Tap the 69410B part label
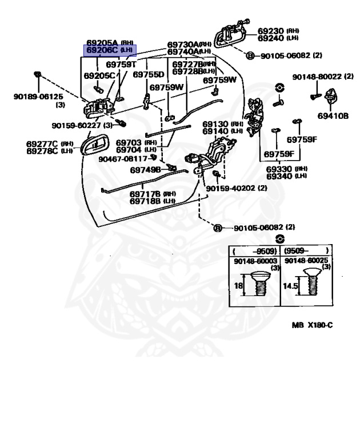[334, 115]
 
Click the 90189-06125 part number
[37, 97]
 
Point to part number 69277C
[42, 143]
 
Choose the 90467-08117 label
[123, 158]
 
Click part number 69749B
[145, 169]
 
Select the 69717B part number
[144, 194]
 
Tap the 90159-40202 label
[237, 188]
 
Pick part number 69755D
[148, 75]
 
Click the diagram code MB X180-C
[311, 325]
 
